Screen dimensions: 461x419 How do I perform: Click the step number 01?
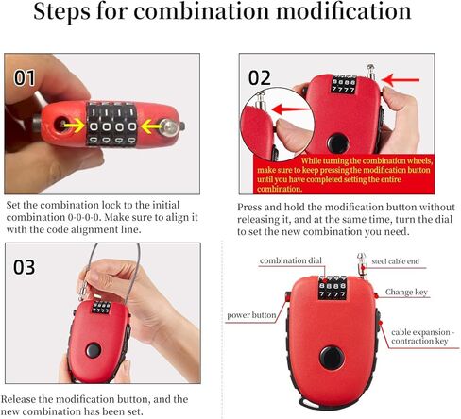point(25,77)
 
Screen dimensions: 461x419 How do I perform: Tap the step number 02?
point(260,77)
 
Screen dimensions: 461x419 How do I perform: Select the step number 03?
point(25,267)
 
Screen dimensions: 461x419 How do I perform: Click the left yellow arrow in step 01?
point(74,126)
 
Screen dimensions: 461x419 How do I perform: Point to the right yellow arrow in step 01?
point(151,126)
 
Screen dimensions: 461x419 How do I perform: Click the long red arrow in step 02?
point(400,80)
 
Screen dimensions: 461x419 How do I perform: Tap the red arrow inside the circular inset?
point(290,109)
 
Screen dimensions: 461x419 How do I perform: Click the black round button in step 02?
point(338,143)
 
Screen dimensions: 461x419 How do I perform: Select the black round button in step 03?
point(94,350)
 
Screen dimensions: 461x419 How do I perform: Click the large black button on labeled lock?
point(332,358)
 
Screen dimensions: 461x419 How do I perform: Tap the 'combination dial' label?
point(291,260)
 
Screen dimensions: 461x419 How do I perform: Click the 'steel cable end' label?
point(395,261)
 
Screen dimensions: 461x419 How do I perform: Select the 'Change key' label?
point(406,293)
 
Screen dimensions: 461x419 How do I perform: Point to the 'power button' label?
point(251,315)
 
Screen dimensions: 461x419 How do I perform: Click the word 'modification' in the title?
point(343,11)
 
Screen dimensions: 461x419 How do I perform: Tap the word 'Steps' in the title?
point(62,12)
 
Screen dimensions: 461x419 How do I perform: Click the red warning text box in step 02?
point(344,175)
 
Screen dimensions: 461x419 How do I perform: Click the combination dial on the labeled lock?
point(333,287)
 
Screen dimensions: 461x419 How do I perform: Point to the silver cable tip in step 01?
point(171,127)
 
